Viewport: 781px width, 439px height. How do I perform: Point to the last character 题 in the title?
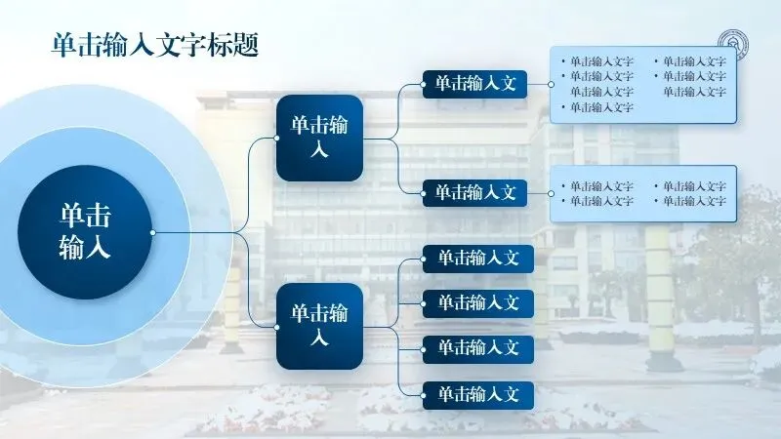tap(248, 45)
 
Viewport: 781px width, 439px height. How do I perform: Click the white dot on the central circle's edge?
tap(152, 232)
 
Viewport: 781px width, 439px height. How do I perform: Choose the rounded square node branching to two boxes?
tap(319, 139)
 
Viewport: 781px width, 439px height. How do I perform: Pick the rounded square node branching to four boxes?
tap(319, 326)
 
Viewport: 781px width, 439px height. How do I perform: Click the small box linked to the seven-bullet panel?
tap(474, 84)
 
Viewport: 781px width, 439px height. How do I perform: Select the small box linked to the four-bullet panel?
tap(474, 192)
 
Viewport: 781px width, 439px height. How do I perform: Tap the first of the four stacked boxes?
tap(478, 259)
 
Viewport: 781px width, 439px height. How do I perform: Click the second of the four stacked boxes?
tap(478, 302)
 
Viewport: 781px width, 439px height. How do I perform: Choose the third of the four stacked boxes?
tap(478, 346)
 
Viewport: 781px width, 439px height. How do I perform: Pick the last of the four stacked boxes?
tap(478, 395)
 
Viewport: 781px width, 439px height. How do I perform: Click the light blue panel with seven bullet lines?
tap(642, 84)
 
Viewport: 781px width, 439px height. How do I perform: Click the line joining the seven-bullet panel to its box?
tap(539, 84)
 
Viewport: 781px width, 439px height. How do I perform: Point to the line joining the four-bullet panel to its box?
tap(540, 192)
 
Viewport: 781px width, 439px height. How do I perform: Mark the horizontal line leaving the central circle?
tap(195, 233)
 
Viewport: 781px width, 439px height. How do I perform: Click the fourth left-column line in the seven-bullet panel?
tap(602, 107)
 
